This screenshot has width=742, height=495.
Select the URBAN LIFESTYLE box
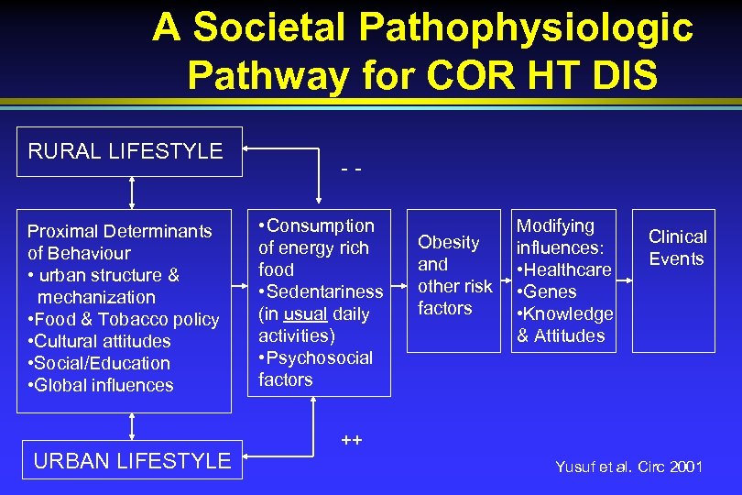coord(132,460)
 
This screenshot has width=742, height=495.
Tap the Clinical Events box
coord(677,248)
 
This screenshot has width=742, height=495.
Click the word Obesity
coord(449,243)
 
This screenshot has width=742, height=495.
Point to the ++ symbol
coord(351,440)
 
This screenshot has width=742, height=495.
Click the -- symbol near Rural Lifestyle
coord(350,171)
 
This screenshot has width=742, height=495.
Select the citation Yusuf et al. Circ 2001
coord(628,467)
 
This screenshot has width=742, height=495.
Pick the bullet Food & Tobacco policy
coord(125,319)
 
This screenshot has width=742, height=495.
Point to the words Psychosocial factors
coord(316,368)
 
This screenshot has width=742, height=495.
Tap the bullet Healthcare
coord(564,269)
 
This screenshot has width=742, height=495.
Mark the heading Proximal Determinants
coord(119,231)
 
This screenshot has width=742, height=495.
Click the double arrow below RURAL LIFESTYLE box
coord(133,193)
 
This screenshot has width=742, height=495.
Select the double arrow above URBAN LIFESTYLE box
coord(133,427)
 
